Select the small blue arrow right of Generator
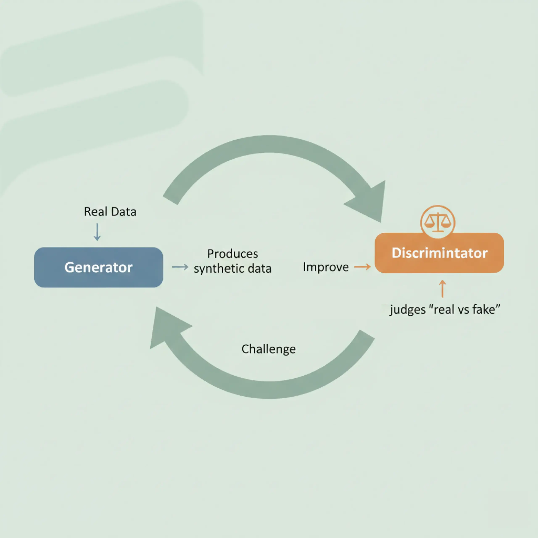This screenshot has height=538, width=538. (x=180, y=267)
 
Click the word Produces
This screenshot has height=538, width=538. (x=232, y=254)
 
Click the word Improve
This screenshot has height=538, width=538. (x=326, y=267)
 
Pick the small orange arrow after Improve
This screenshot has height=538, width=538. (x=362, y=267)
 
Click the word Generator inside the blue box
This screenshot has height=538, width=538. (x=98, y=268)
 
